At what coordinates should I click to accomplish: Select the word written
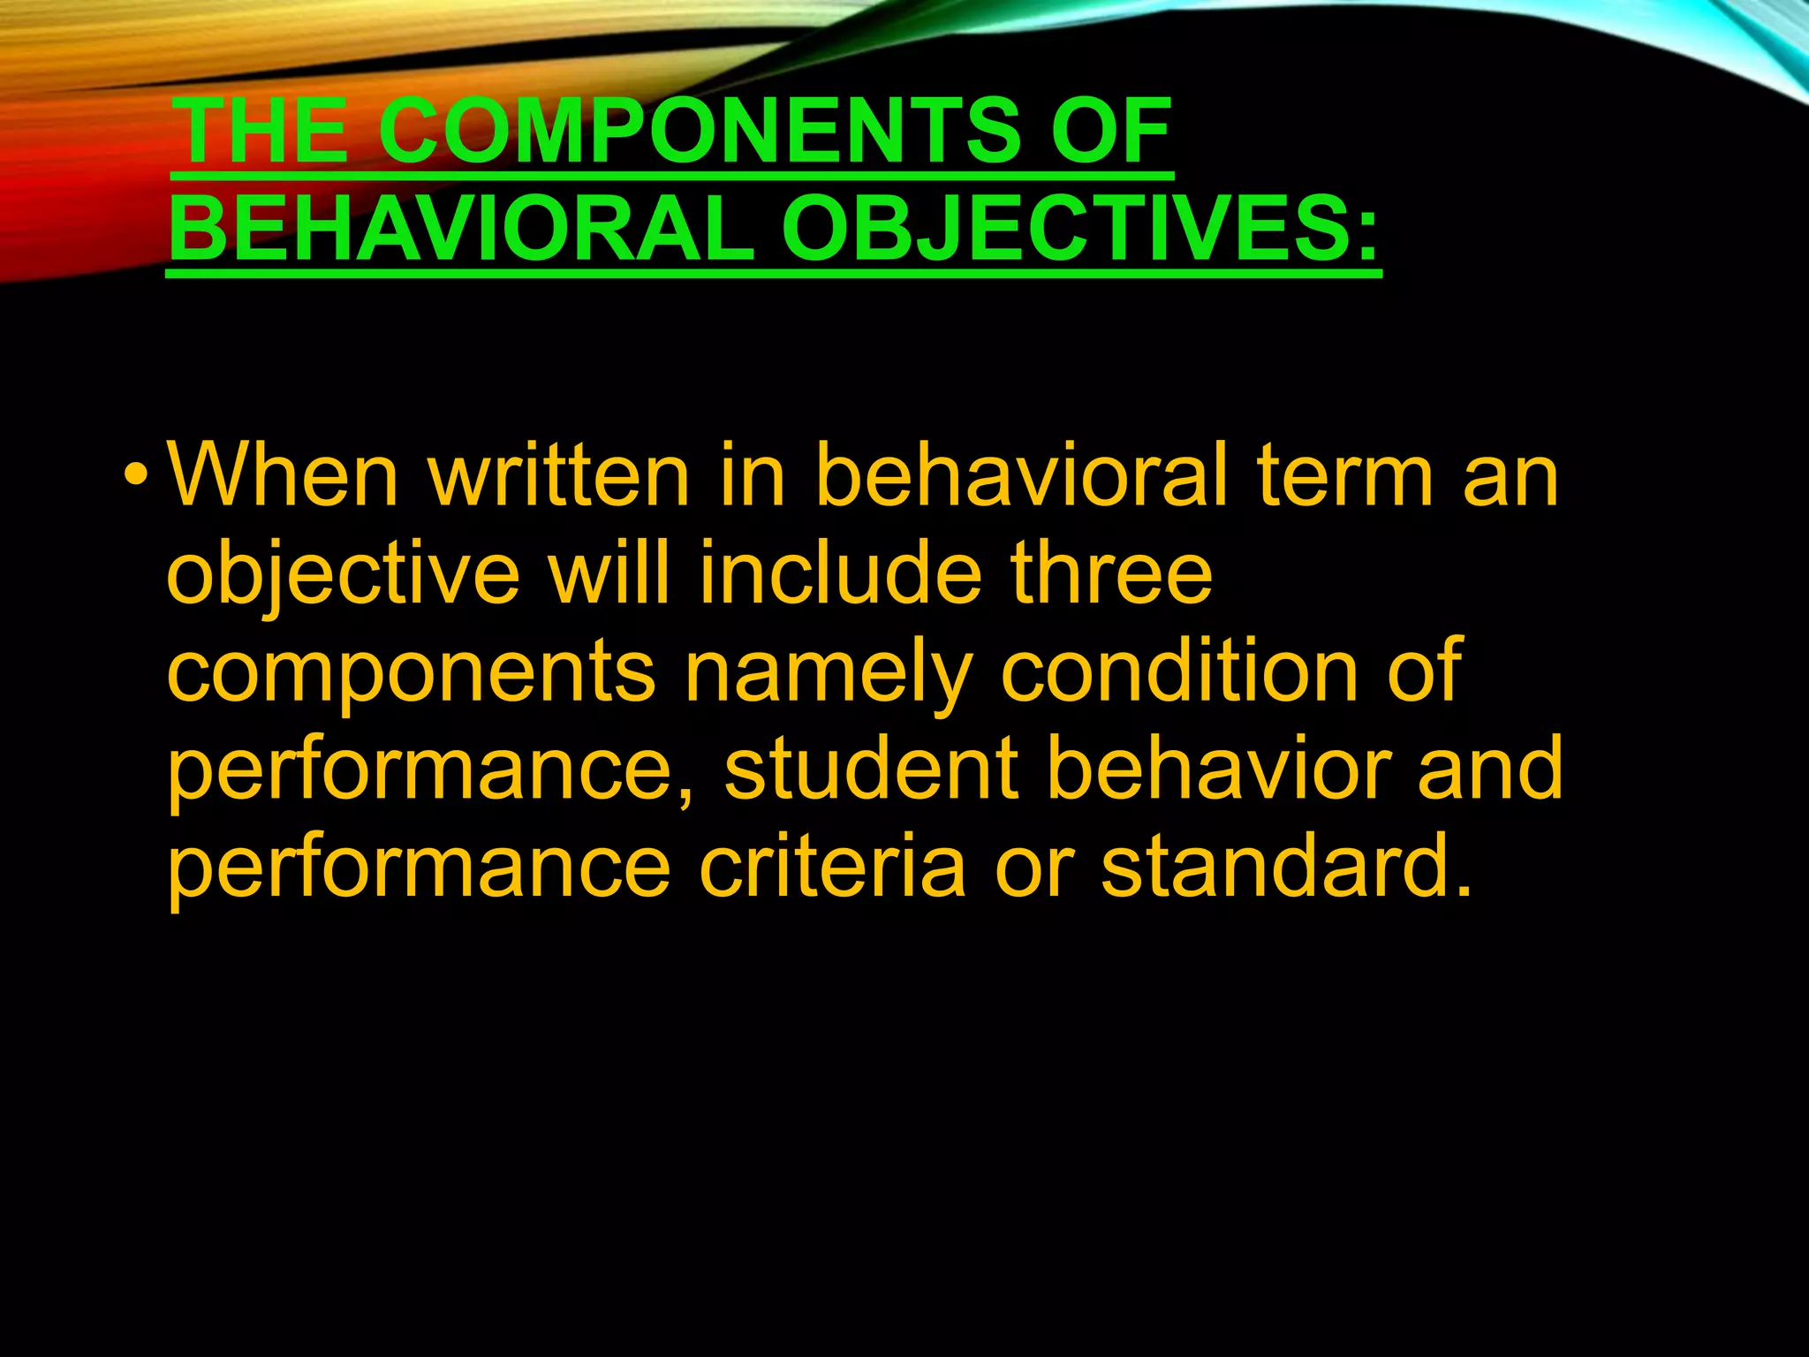558,476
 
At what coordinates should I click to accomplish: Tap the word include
840,573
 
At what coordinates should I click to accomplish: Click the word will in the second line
608,573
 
